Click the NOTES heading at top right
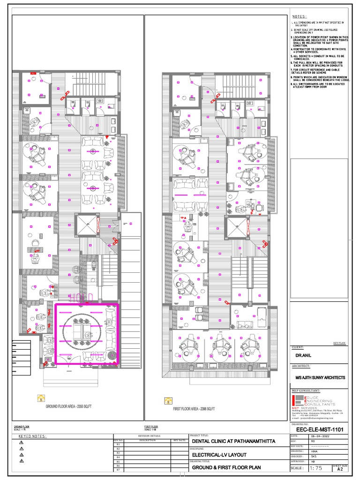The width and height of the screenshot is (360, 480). [x=300, y=16]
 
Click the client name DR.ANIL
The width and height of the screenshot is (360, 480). [x=300, y=355]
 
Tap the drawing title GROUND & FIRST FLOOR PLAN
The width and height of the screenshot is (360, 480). [x=227, y=467]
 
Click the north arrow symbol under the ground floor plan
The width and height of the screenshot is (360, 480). [x=41, y=399]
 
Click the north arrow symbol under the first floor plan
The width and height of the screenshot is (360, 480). [x=168, y=400]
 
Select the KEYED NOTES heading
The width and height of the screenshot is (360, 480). [x=32, y=436]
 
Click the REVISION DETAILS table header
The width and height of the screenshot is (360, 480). [x=150, y=435]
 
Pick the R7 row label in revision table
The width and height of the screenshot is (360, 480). [x=118, y=470]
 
